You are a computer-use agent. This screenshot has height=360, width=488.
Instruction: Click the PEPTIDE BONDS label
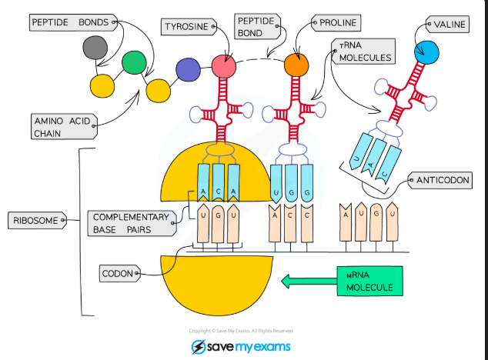[69, 22]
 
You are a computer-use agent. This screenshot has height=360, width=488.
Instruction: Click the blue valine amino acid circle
[425, 52]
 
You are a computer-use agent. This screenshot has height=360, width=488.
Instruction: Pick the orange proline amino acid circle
[296, 65]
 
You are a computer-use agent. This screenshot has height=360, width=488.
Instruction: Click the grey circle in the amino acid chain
[96, 48]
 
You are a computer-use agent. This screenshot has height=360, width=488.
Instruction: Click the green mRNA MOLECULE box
[369, 282]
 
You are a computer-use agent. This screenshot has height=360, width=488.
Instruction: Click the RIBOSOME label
[35, 221]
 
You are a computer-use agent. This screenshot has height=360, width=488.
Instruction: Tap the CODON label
[120, 273]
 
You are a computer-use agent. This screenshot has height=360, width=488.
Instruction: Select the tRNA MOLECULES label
[364, 52]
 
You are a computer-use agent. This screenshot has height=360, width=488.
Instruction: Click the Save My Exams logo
[241, 346]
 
